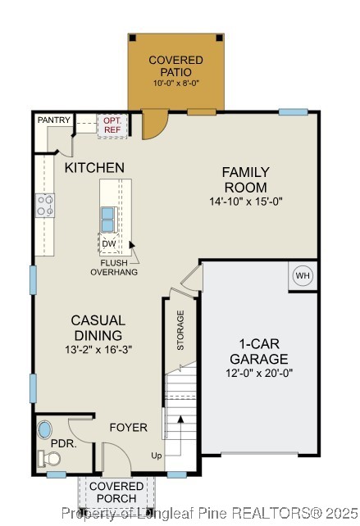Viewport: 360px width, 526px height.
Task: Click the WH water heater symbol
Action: pos(303,276)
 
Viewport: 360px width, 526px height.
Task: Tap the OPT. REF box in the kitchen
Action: pos(111,124)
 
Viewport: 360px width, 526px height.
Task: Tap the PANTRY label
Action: pos(53,120)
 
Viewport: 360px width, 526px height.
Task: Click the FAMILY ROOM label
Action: pos(245,179)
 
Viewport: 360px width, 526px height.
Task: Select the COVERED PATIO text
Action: pos(175,66)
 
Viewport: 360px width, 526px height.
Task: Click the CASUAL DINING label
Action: pos(98,328)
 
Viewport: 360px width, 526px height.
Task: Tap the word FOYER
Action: pos(128,428)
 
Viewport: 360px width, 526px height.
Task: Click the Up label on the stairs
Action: pos(157,455)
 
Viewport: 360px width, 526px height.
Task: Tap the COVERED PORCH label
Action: pos(116,492)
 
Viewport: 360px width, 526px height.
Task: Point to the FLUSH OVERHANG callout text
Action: pos(114,266)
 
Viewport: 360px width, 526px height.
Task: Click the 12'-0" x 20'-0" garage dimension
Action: pos(258,373)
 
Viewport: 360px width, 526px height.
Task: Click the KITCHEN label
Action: pos(95,168)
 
